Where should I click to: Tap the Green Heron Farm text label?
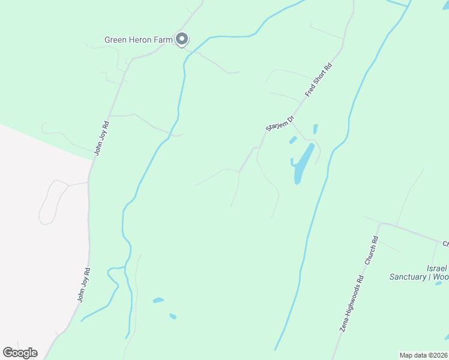(x=139, y=40)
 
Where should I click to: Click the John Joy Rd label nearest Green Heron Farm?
(x=101, y=139)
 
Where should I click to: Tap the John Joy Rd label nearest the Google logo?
(x=83, y=285)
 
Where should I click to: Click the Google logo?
(x=20, y=353)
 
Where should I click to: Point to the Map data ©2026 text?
(x=423, y=355)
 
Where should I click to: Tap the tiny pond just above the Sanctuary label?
(x=438, y=283)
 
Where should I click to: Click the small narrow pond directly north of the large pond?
(x=315, y=128)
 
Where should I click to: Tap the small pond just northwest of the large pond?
(x=293, y=140)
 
